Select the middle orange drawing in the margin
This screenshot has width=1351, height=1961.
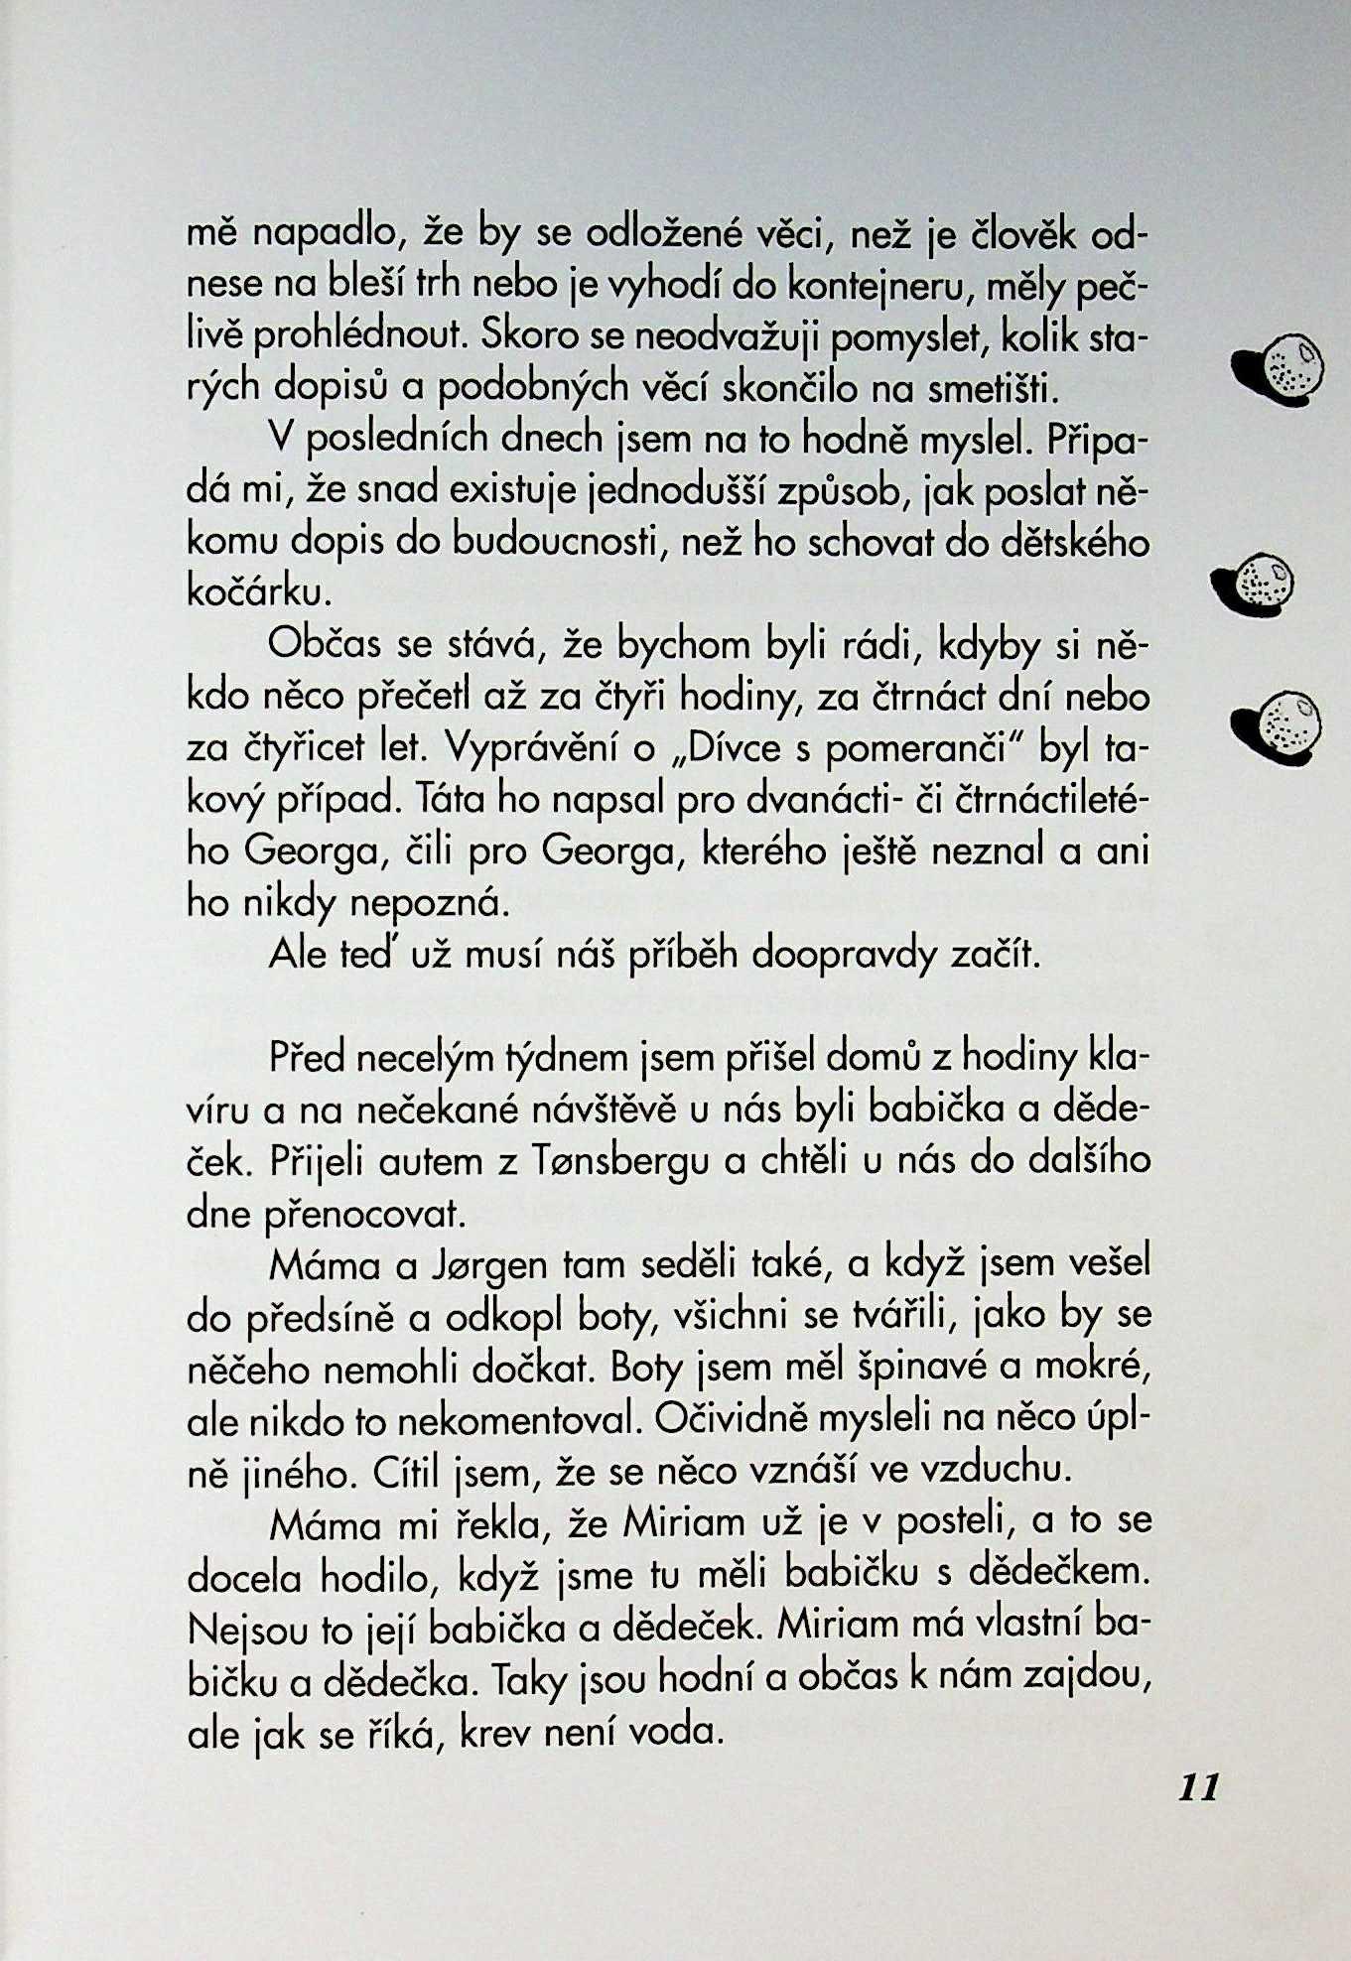[x=1255, y=585]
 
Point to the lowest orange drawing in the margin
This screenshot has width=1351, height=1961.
[x=1278, y=722]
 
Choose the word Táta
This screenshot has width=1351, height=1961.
[x=452, y=800]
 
